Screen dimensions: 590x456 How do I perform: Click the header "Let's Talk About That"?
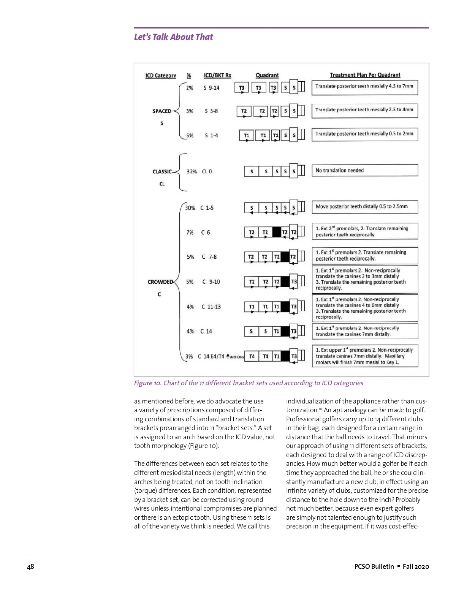(173, 37)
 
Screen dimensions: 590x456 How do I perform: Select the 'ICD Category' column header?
(160, 76)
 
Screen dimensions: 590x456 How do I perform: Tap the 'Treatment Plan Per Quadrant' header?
(365, 75)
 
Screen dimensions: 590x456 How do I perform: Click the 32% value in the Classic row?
(192, 172)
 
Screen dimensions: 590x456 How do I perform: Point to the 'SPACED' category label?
(162, 111)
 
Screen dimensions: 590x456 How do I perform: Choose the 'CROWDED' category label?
(160, 282)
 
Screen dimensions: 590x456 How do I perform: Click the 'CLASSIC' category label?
(162, 172)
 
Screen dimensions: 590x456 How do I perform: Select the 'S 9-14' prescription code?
(212, 88)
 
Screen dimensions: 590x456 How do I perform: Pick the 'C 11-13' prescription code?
(211, 307)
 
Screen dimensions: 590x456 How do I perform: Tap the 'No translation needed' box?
(364, 171)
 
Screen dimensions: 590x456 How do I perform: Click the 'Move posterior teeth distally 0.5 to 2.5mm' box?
(364, 207)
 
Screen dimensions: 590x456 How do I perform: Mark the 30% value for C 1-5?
(190, 208)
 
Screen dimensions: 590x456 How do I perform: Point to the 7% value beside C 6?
(190, 233)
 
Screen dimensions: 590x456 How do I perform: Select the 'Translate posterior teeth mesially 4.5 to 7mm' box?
(364, 87)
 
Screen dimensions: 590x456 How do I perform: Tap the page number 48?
(30, 566)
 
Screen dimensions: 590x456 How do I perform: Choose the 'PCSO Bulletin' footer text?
(374, 566)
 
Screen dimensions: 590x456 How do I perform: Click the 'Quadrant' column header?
(267, 75)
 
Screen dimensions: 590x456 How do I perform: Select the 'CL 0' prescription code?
(207, 172)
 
